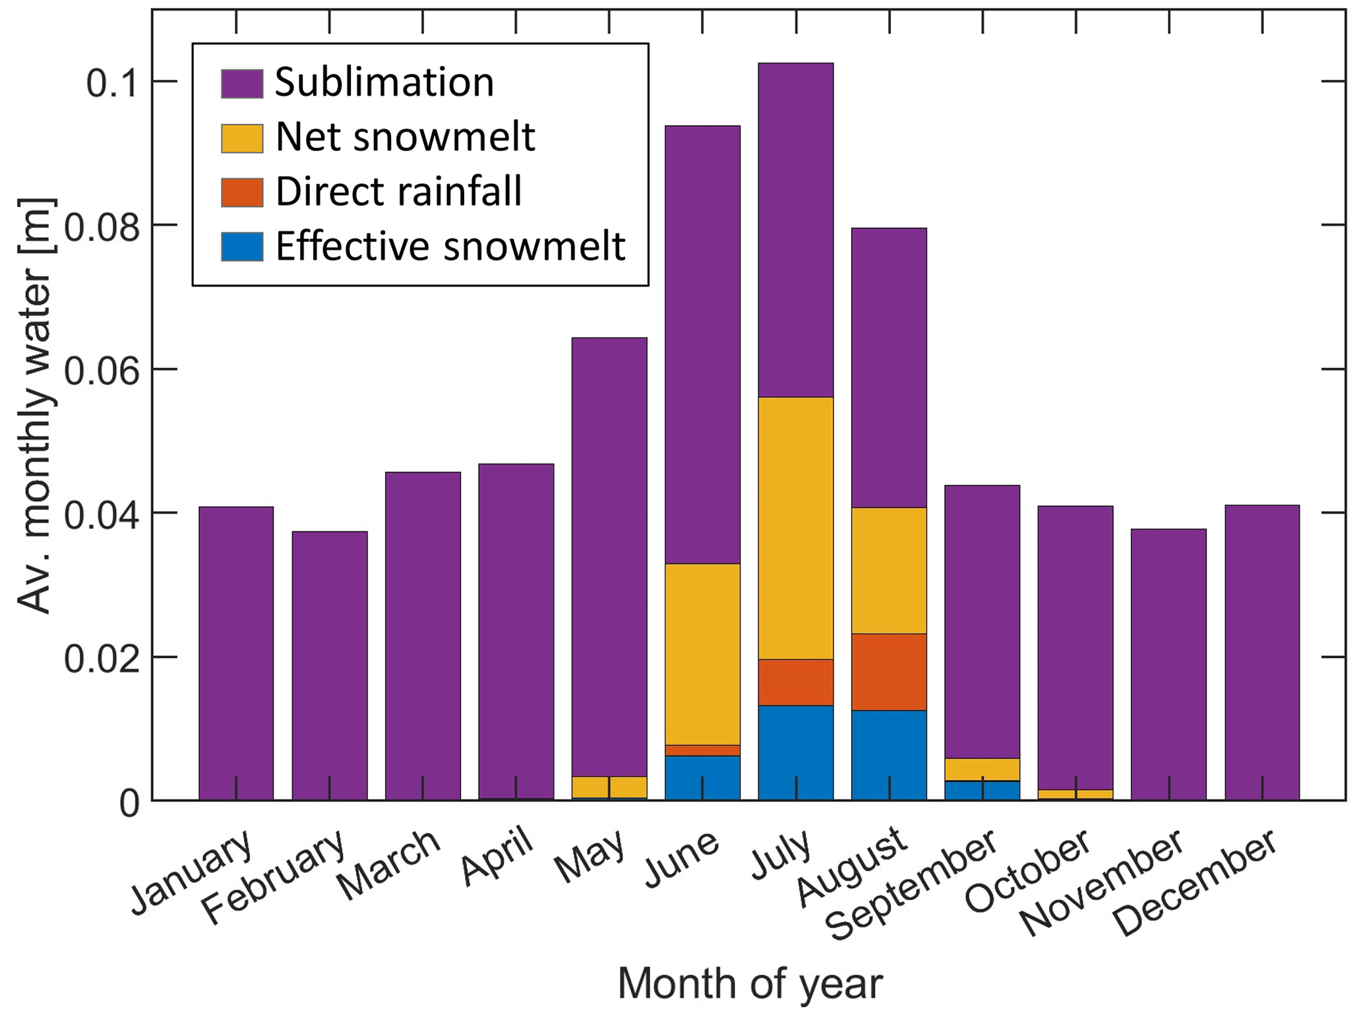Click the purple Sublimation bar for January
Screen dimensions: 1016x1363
(x=236, y=653)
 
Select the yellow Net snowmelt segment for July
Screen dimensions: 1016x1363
(x=795, y=527)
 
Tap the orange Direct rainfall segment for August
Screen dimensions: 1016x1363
(x=888, y=671)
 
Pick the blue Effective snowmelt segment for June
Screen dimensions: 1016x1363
(x=702, y=778)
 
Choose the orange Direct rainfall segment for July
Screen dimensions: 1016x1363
(x=795, y=682)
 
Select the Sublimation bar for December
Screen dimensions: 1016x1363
(x=1261, y=653)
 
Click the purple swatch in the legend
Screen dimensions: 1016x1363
(x=242, y=84)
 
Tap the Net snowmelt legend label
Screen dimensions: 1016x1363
(x=405, y=137)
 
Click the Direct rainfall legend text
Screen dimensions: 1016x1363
(x=398, y=192)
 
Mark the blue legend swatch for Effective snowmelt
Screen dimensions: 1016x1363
(x=242, y=247)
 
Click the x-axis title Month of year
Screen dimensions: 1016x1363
(x=749, y=984)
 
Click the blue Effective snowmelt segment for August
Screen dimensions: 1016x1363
(x=888, y=755)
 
